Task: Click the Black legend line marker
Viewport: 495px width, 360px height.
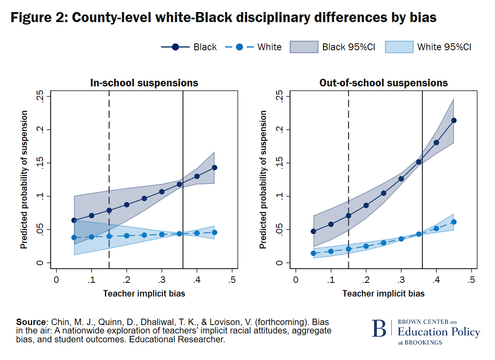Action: tap(175, 47)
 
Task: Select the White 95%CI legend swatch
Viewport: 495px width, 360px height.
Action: tap(399, 47)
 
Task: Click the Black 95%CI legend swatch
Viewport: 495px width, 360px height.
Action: tap(304, 47)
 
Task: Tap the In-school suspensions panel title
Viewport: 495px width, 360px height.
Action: tap(144, 83)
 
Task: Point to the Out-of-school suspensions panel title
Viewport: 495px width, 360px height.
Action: tap(383, 83)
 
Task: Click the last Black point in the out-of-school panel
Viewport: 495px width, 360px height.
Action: tap(454, 120)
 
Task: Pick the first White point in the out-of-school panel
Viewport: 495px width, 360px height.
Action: tap(313, 253)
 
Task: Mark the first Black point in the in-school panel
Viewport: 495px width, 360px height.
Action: tap(74, 220)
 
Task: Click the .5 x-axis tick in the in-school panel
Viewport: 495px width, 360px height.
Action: tap(232, 280)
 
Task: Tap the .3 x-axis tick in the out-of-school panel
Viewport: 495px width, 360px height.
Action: tap(401, 280)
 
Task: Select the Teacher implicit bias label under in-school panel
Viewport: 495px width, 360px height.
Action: tap(144, 294)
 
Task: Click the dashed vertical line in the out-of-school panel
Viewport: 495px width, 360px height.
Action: tap(348, 181)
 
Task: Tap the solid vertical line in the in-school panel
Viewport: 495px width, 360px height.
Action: tap(183, 181)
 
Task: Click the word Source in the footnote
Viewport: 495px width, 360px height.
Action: tap(31, 322)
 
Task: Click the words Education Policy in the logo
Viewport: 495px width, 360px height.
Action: tap(439, 332)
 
